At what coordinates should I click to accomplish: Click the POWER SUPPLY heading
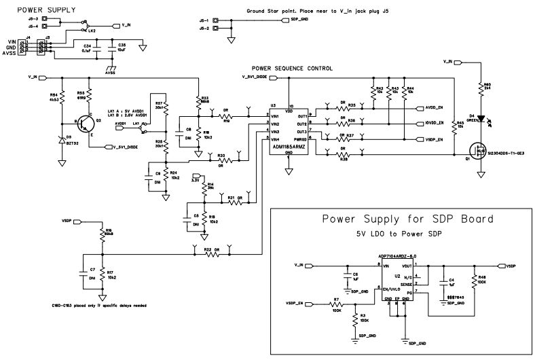pos(46,11)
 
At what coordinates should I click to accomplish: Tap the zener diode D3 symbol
pos(62,142)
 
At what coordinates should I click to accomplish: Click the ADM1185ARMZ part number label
pos(288,147)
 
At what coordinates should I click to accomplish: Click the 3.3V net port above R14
pos(196,179)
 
